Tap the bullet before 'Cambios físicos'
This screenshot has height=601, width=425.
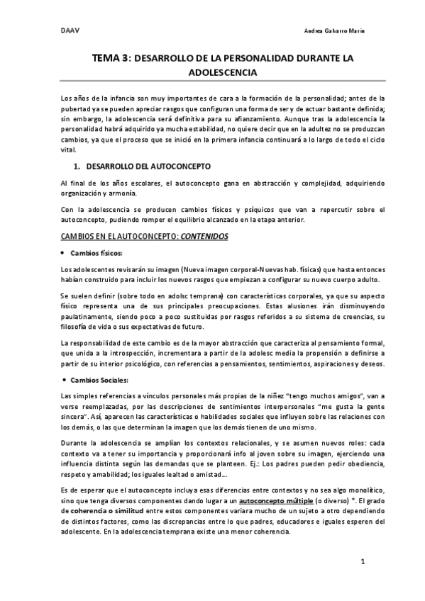pos(65,253)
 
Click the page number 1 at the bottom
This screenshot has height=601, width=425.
pos(362,562)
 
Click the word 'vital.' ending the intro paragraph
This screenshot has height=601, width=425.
pos(69,150)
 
